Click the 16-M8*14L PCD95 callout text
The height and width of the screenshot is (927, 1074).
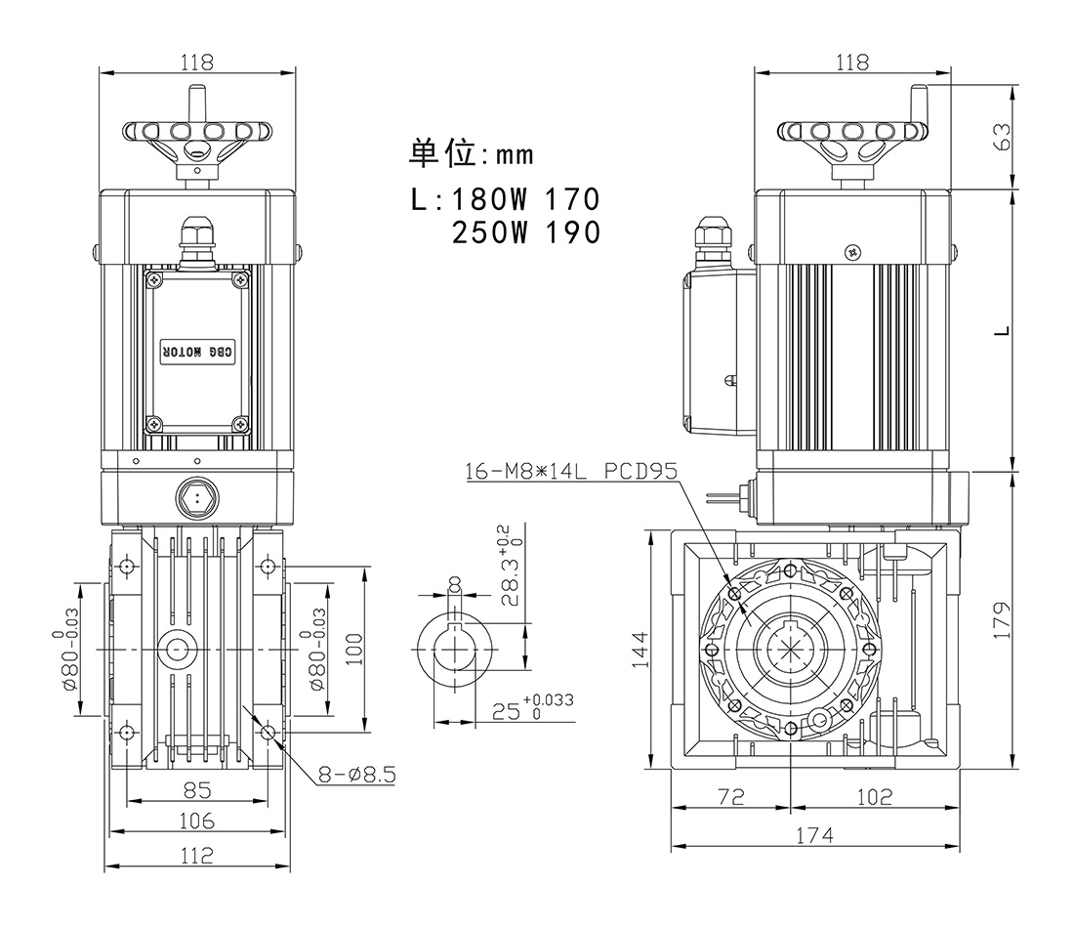coord(570,471)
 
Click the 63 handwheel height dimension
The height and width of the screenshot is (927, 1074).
coord(1001,137)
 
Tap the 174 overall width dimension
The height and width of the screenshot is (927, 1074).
coord(813,835)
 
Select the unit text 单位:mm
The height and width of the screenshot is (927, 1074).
coord(472,153)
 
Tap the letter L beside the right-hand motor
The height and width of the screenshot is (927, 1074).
coord(1001,329)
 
